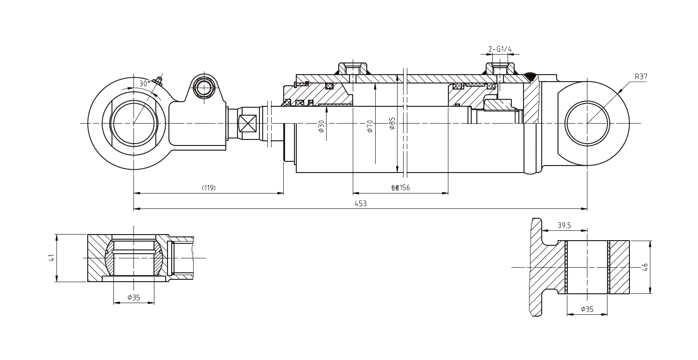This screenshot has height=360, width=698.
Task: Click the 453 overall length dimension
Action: point(360,203)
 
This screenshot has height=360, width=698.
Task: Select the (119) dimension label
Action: point(208,188)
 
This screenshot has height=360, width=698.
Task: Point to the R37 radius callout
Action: point(641,77)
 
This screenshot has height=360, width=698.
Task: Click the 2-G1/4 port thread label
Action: point(500,49)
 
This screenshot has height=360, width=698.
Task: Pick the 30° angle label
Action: point(145,83)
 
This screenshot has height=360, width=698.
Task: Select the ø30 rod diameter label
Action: point(321,126)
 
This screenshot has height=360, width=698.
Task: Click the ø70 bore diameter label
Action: point(370,126)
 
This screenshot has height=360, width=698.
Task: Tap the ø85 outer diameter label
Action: point(392,123)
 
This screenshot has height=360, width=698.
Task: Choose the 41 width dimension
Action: point(52,258)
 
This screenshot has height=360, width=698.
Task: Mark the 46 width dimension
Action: point(645,267)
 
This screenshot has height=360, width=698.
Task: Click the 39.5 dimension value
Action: point(564,225)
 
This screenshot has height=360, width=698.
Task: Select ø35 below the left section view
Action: point(133,298)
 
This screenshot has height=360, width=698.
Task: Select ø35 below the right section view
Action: point(587,309)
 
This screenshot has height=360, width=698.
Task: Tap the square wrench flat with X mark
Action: point(247,124)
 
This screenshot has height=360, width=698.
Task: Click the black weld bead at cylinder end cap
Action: point(530,75)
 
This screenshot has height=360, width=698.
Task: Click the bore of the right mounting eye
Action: point(586,123)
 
